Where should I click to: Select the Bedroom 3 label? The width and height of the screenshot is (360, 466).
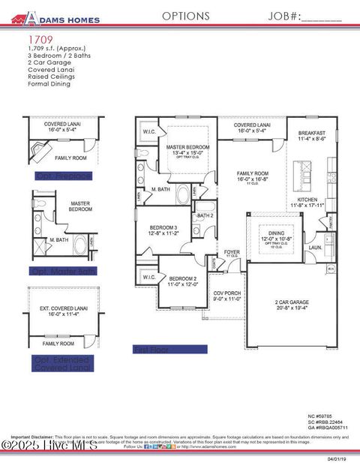tap(163, 227)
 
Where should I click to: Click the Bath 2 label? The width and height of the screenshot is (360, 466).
tap(205, 216)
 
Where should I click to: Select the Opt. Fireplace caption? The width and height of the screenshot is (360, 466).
tap(63, 176)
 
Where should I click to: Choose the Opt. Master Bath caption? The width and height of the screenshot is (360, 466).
tap(63, 270)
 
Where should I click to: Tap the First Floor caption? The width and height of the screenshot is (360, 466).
tap(153, 350)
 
